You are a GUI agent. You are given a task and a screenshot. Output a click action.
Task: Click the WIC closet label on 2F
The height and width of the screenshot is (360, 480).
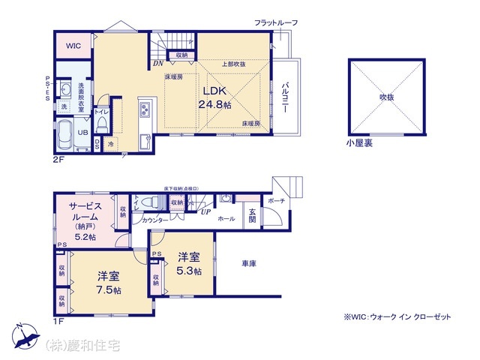[73, 46]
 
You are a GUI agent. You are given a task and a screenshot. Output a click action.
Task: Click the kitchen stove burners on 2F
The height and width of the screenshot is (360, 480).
[145, 113]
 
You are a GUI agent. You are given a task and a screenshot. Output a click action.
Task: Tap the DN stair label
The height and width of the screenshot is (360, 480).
[157, 64]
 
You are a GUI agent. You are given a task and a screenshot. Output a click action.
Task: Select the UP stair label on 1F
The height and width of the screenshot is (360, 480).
[203, 212]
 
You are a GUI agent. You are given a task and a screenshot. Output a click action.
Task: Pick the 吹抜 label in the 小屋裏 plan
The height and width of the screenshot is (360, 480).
[385, 97]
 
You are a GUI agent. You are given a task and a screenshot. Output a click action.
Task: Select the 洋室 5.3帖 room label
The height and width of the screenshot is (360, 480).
[189, 264]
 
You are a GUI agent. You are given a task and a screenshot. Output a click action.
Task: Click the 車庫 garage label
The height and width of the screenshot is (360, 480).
[249, 263]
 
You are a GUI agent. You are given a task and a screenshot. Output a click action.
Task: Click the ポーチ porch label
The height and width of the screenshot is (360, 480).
[274, 200]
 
